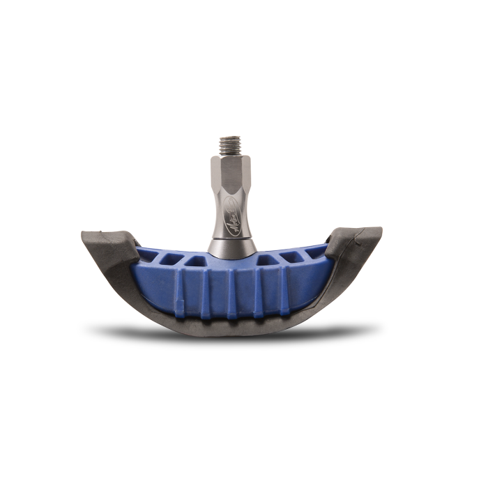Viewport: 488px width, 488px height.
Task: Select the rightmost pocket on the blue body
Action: point(314,252)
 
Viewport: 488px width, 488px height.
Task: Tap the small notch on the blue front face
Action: point(180,305)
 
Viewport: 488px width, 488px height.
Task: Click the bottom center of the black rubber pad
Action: point(230,326)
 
